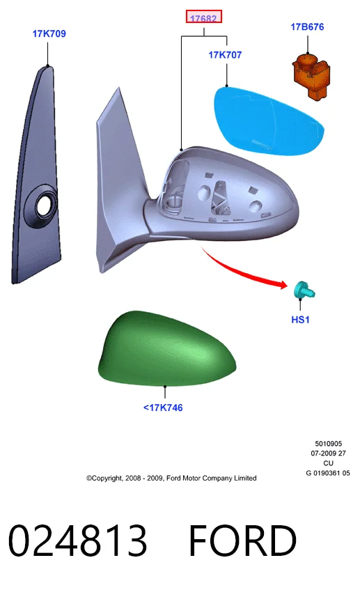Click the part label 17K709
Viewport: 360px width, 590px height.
(x=49, y=33)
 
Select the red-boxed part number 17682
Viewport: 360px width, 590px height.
(x=203, y=17)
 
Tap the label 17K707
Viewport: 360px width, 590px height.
(x=225, y=55)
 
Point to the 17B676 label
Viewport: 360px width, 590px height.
(x=307, y=26)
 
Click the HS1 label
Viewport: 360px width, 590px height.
(x=300, y=320)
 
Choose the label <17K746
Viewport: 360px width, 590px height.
(x=163, y=407)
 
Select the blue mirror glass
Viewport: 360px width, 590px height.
(x=269, y=121)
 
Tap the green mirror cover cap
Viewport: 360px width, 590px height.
(x=166, y=349)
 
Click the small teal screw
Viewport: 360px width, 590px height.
(x=304, y=290)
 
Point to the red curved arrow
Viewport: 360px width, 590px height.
(x=244, y=270)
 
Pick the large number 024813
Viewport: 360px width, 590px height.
(x=77, y=541)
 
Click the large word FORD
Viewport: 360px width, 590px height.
(x=242, y=541)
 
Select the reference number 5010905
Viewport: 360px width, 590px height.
(x=329, y=444)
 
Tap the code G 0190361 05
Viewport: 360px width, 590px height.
(x=328, y=473)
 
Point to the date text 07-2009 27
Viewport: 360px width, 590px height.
(x=329, y=453)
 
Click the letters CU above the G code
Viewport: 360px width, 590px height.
(x=329, y=463)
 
